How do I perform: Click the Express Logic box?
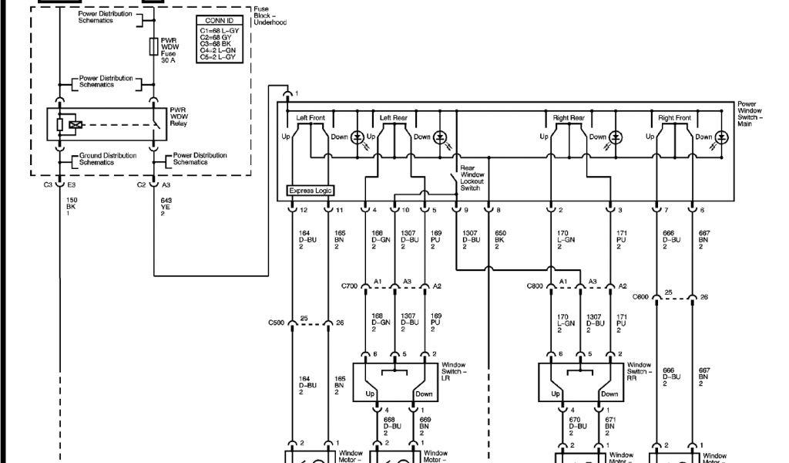pos(311,190)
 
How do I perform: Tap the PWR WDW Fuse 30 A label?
pos(169,50)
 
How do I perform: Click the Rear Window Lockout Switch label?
pos(472,177)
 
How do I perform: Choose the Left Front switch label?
pos(311,118)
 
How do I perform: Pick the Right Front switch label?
pos(674,118)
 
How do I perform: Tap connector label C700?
pos(350,286)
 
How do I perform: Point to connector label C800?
pos(536,286)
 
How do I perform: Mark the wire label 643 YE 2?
pos(166,207)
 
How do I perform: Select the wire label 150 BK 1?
pos(72,207)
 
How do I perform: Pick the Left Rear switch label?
pos(394,118)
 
